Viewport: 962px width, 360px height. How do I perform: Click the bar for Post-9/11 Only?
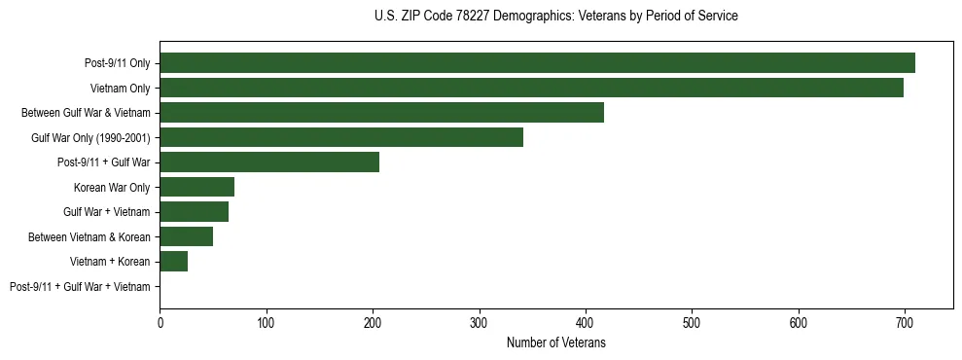click(537, 63)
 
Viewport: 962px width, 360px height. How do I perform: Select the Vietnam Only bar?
click(531, 88)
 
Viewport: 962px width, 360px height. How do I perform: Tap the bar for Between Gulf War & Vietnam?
click(381, 113)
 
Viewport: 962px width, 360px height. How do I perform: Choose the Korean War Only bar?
click(196, 187)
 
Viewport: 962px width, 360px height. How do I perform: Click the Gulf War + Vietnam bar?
click(194, 211)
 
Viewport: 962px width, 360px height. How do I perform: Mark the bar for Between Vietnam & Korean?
click(186, 236)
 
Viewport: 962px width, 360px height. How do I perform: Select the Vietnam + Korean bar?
click(173, 261)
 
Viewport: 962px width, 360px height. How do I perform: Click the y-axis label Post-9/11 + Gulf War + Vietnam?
click(80, 286)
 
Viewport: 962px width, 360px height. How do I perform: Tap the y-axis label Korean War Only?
click(112, 187)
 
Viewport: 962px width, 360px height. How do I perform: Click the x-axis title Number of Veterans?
click(555, 342)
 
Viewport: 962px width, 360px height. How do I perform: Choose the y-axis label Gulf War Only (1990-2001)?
click(90, 138)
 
